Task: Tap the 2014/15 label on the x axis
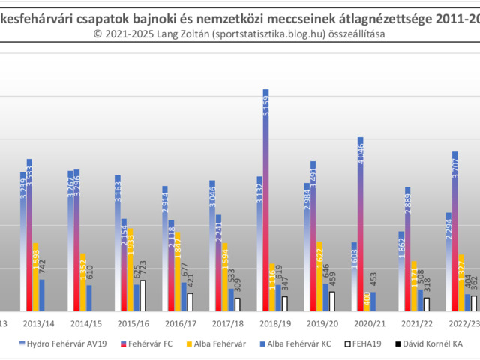(x=85, y=323)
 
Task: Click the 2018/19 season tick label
(x=274, y=323)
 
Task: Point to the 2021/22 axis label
(x=416, y=323)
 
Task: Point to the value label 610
(x=89, y=274)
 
